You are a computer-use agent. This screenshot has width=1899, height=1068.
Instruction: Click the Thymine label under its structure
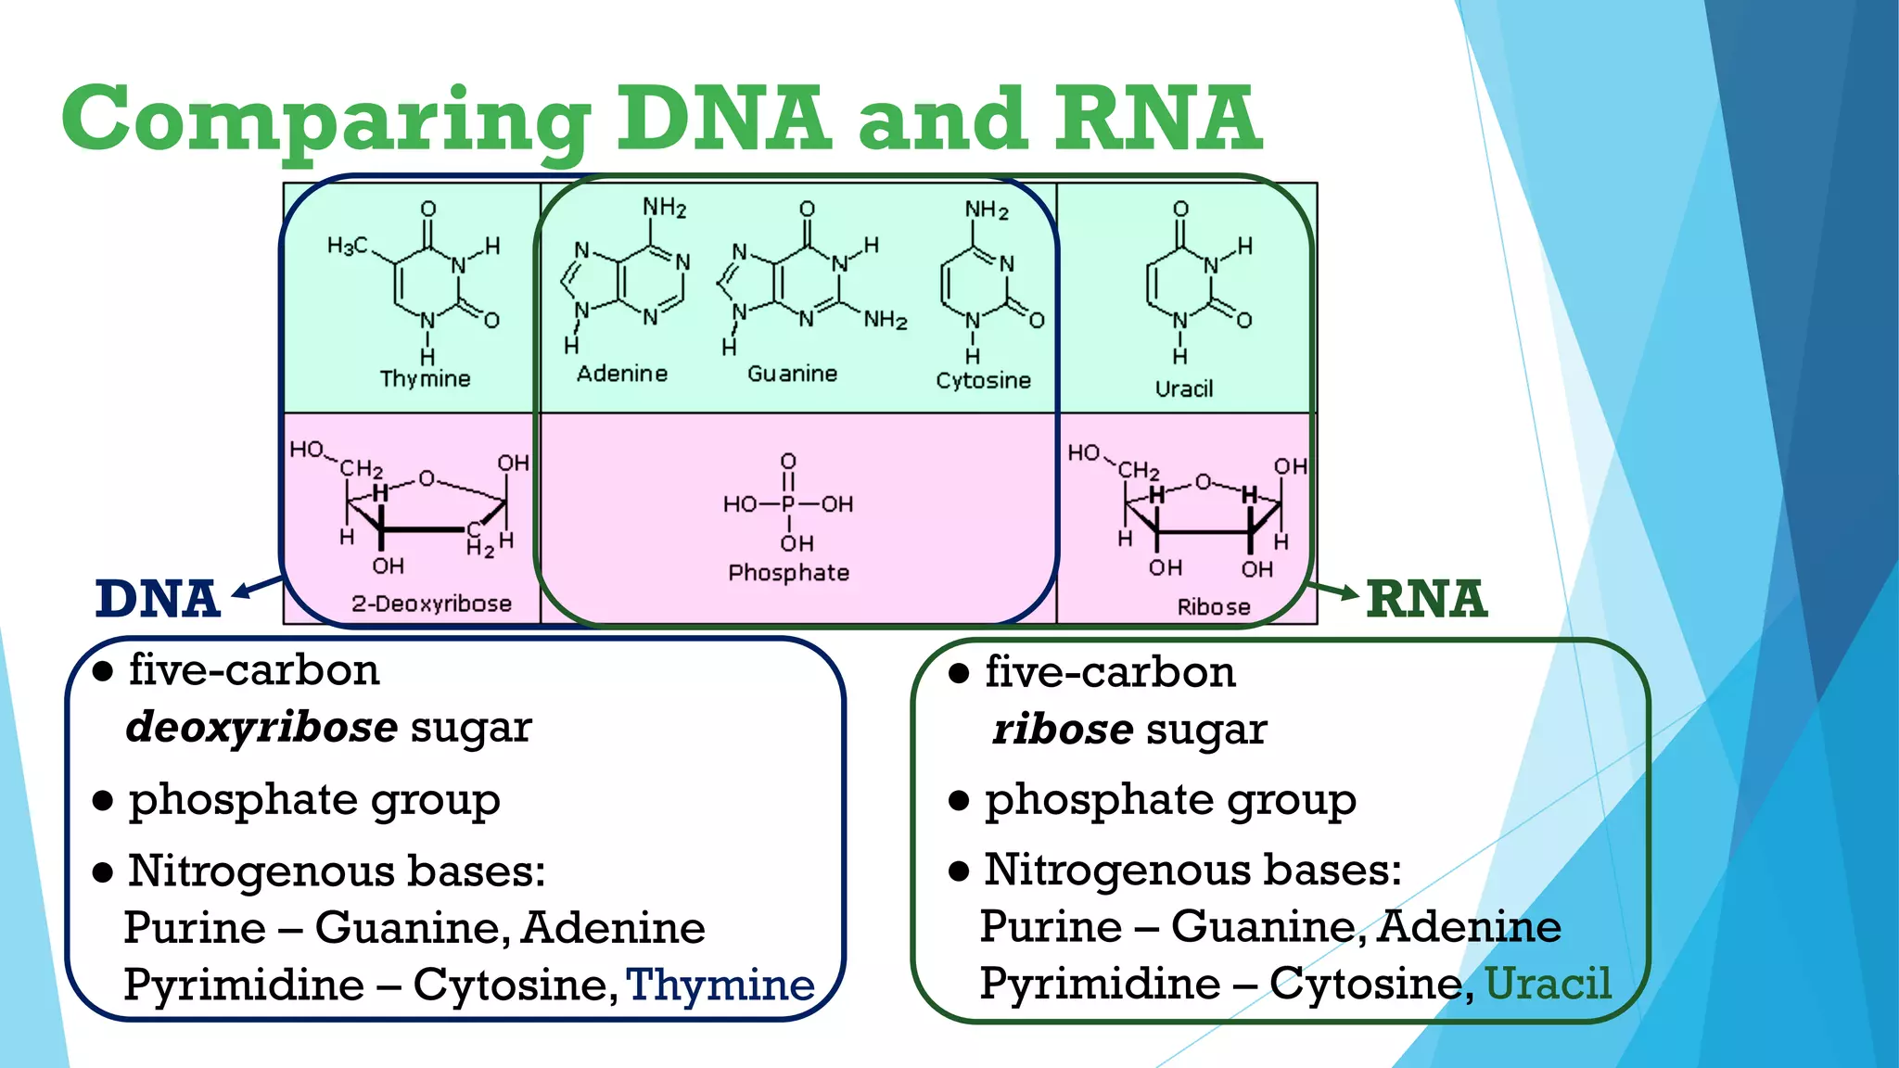425,378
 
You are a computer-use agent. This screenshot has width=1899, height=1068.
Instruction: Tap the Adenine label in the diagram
622,374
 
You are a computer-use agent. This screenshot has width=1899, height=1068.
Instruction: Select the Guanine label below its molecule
792,374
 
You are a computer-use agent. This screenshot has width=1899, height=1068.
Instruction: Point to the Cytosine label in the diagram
983,380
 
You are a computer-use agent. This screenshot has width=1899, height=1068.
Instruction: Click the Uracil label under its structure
1183,388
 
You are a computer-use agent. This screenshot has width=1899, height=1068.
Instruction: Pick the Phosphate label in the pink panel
788,573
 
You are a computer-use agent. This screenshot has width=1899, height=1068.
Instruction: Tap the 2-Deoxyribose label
431,604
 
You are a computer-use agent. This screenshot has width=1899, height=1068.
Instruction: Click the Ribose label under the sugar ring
1213,606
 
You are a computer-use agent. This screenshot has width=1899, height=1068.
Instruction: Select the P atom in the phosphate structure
788,504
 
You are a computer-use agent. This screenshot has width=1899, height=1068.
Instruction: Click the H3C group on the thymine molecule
347,246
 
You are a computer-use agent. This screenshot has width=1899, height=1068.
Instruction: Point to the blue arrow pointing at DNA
255,587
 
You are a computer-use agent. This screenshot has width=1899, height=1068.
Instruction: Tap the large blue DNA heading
158,599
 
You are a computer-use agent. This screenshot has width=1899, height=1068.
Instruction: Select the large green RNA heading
1426,599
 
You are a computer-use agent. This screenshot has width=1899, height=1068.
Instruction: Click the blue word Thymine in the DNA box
720,985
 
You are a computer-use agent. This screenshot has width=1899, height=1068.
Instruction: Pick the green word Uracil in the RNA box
1548,984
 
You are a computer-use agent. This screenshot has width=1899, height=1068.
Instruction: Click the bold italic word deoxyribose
261,727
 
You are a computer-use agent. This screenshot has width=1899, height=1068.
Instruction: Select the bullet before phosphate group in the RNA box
959,800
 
